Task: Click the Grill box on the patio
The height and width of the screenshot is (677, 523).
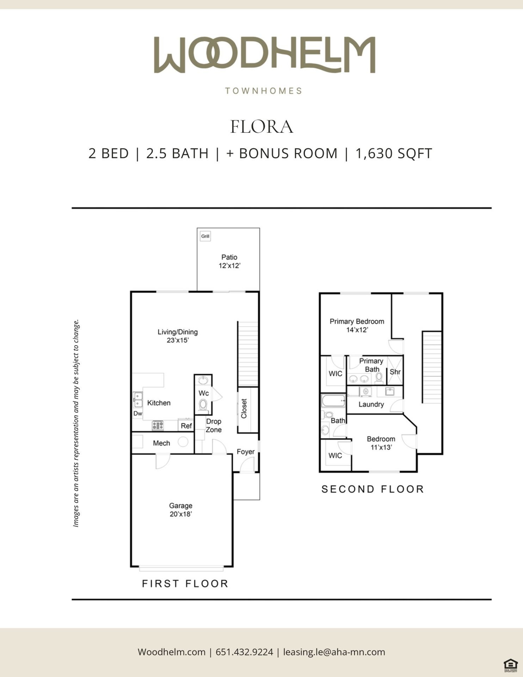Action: pyautogui.click(x=205, y=236)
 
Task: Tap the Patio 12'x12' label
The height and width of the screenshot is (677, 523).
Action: pyautogui.click(x=229, y=261)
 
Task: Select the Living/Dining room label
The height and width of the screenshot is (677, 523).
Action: pyautogui.click(x=178, y=336)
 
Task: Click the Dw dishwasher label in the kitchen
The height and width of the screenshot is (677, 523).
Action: pyautogui.click(x=138, y=414)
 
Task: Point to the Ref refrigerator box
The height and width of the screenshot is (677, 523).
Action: pyautogui.click(x=186, y=425)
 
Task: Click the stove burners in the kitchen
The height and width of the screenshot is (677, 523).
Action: pyautogui.click(x=158, y=426)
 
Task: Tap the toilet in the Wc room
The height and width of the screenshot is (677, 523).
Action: pyautogui.click(x=203, y=405)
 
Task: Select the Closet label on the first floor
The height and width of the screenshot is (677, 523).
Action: pyautogui.click(x=244, y=409)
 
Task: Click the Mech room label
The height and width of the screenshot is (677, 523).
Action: pyautogui.click(x=161, y=443)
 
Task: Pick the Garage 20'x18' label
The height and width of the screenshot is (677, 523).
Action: pyautogui.click(x=180, y=510)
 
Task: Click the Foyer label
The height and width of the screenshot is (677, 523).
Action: pyautogui.click(x=246, y=452)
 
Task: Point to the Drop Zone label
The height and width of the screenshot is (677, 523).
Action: pyautogui.click(x=214, y=426)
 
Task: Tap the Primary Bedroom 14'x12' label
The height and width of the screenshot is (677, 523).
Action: pyautogui.click(x=357, y=325)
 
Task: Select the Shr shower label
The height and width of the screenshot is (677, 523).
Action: pyautogui.click(x=395, y=372)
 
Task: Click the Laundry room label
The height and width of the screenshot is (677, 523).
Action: pyautogui.click(x=371, y=404)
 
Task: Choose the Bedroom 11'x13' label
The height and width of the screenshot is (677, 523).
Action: pyautogui.click(x=381, y=443)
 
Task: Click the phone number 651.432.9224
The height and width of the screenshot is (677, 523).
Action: pyautogui.click(x=244, y=652)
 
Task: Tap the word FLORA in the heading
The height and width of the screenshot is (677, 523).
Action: pyautogui.click(x=261, y=127)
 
